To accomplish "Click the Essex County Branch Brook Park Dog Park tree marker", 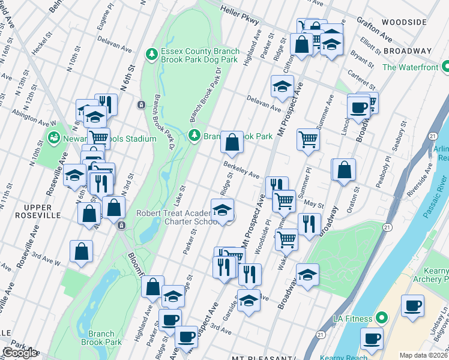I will (x=152, y=55).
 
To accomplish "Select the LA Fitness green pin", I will (x=379, y=317).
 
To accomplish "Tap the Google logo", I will (x=20, y=353).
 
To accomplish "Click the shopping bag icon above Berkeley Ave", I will (x=232, y=143).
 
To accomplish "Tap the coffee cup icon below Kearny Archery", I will (x=413, y=305).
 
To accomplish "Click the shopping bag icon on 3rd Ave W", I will (x=82, y=252).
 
